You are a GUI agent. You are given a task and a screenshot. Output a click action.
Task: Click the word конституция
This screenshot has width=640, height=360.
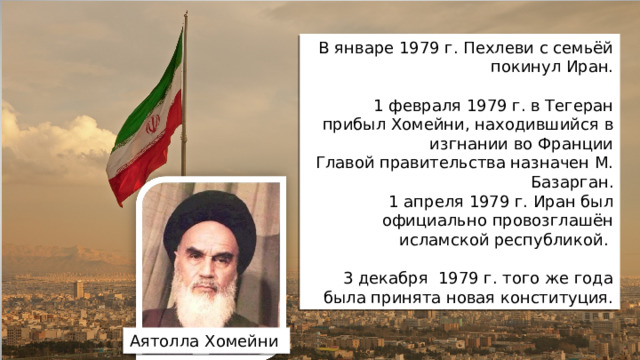555,296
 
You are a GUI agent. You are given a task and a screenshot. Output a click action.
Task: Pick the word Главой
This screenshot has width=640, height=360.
345,161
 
